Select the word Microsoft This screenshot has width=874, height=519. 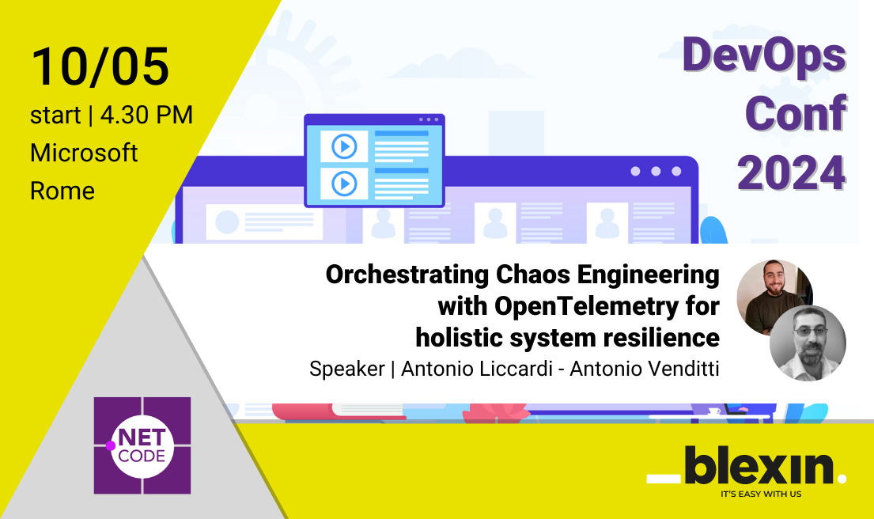pyautogui.click(x=84, y=152)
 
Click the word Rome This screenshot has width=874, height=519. pyautogui.click(x=62, y=191)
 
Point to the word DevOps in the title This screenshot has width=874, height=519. pyautogui.click(x=764, y=57)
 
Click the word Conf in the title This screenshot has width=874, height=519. pyautogui.click(x=796, y=115)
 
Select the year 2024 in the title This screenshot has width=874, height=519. pyautogui.click(x=792, y=172)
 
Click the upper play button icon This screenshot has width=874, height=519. pyautogui.click(x=344, y=146)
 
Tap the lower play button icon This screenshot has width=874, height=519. pyautogui.click(x=344, y=184)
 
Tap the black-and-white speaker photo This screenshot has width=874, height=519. pyautogui.click(x=808, y=342)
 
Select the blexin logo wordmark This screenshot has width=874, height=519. pyautogui.click(x=747, y=466)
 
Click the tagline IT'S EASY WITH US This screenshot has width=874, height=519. pyautogui.click(x=760, y=495)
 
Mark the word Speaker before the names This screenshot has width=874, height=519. pyautogui.click(x=346, y=369)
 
